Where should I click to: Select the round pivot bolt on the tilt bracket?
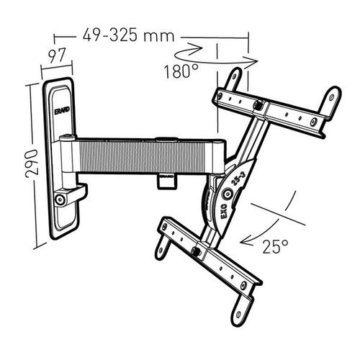coord(228,193)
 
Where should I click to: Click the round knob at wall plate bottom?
coord(62,197)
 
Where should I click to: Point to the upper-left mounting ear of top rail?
coord(234,76)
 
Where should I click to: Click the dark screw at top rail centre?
coord(258,107)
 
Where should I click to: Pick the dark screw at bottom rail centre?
coord(195,251)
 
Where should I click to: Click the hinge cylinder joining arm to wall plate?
coord(67,155)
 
